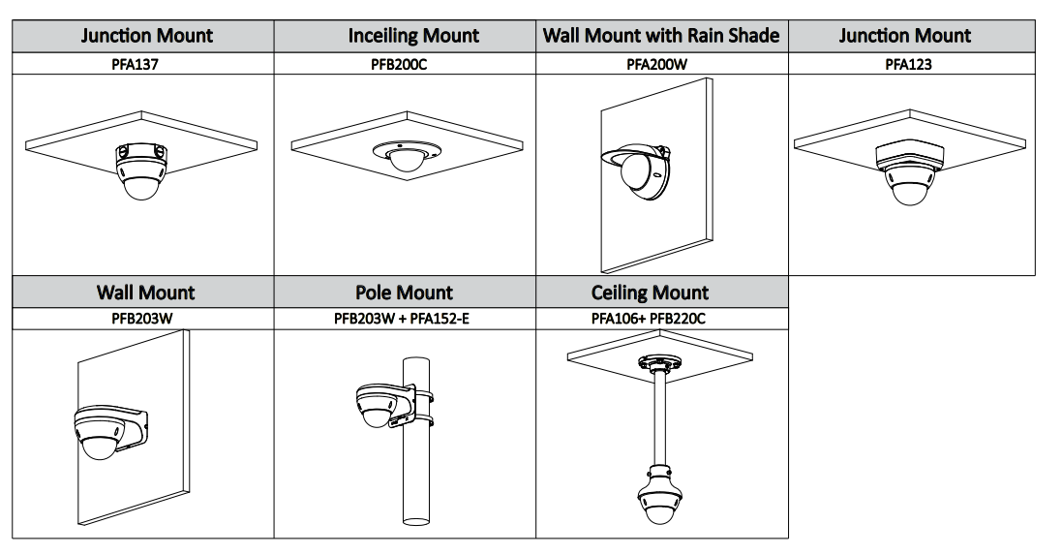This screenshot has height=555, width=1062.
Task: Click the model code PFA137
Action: coord(142,66)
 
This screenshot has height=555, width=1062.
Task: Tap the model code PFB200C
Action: coord(406,66)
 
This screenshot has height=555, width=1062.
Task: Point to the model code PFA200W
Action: coord(663,66)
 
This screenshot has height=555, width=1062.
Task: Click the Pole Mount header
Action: coord(404,293)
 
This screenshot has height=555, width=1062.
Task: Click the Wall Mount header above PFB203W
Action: coord(145,293)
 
